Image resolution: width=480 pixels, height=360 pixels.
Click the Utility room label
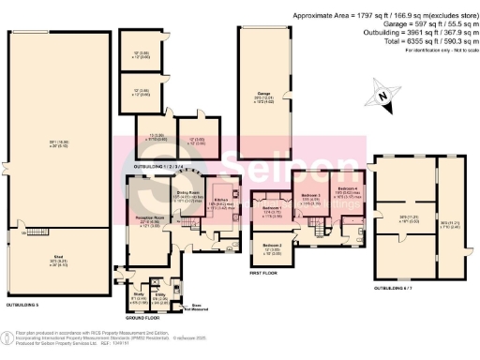coord(160,293)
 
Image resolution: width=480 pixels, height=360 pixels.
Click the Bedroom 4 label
coord(349,189)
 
